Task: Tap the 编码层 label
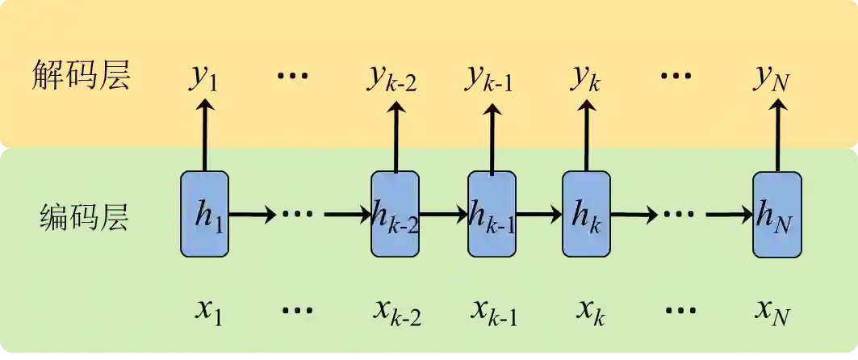click(84, 216)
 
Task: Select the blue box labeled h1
click(204, 214)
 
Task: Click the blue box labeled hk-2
click(395, 214)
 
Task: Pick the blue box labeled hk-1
click(492, 214)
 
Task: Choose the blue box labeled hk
click(586, 214)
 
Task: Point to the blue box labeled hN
click(776, 214)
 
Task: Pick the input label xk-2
click(397, 311)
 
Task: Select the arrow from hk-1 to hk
click(539, 215)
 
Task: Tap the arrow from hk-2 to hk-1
click(444, 215)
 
